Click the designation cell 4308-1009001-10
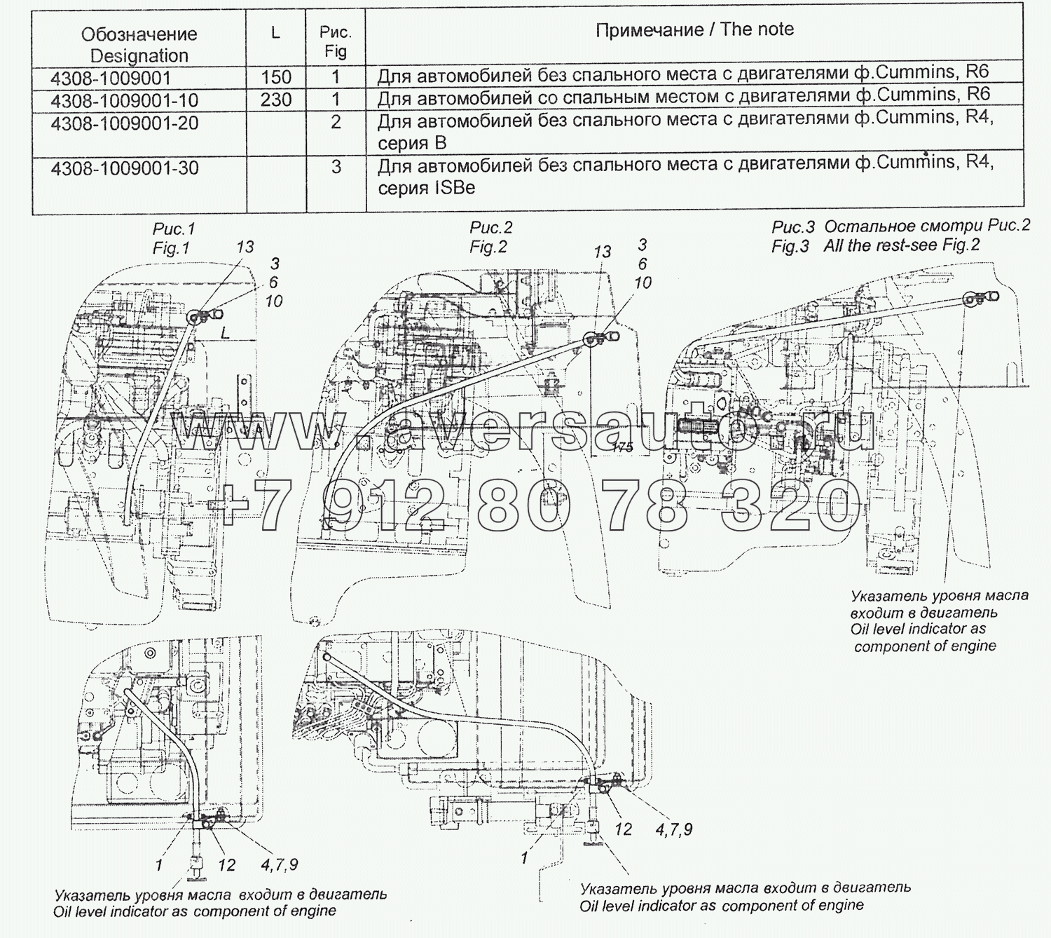(124, 100)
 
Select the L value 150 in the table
(275, 77)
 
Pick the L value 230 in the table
(275, 100)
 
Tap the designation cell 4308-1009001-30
(124, 168)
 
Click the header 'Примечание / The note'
(694, 29)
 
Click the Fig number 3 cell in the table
(336, 167)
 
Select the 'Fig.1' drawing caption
(172, 247)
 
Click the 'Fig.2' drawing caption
(488, 247)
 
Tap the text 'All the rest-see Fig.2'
(902, 245)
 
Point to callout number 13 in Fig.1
(245, 247)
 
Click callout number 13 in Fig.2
(602, 252)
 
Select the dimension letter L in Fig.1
(225, 334)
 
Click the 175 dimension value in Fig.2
(622, 447)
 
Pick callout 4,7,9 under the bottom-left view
(279, 865)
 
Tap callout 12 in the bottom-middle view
(623, 829)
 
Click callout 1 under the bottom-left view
(159, 865)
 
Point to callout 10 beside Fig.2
(643, 283)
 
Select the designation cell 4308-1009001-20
(124, 123)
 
